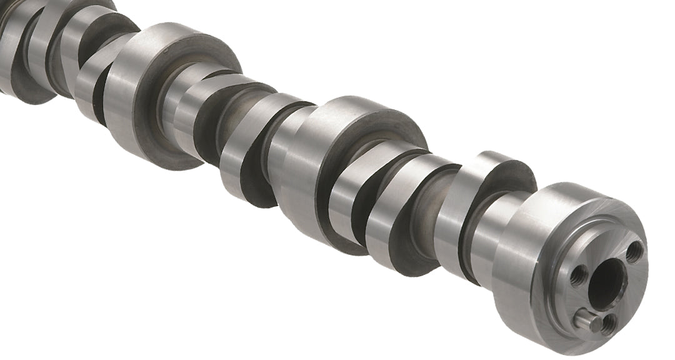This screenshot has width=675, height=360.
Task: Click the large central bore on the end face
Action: click(605, 282)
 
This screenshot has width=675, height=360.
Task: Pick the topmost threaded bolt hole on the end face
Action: click(634, 252)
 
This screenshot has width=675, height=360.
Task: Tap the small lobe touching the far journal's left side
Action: click(94, 81)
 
